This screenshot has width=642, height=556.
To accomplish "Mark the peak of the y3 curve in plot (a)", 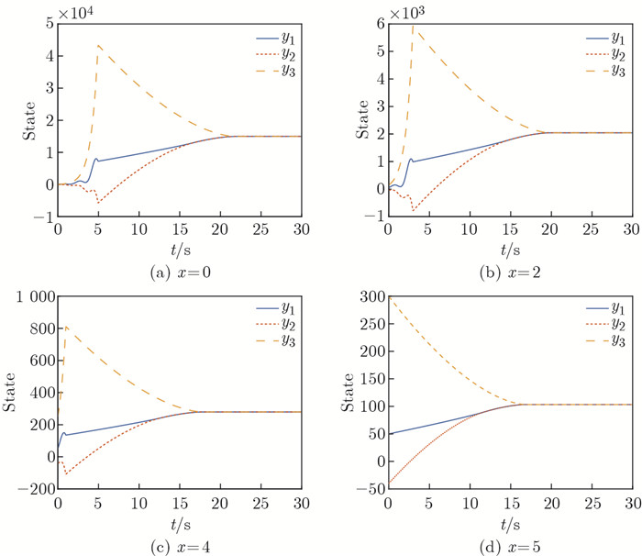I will (98, 45).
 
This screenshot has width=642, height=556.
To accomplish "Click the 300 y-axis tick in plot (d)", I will (368, 297).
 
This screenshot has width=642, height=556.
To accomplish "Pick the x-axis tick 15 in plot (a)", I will (180, 226).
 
